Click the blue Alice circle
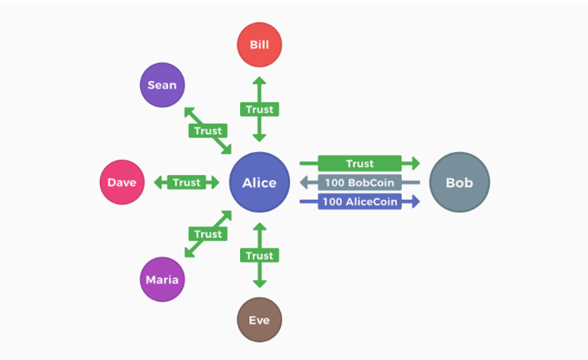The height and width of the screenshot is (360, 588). click(259, 182)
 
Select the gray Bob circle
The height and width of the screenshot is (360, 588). click(459, 182)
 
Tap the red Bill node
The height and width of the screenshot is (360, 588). click(259, 45)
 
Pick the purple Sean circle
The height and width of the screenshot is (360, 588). click(162, 85)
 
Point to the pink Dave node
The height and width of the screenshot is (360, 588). click(122, 182)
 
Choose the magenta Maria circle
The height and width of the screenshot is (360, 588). click(162, 279)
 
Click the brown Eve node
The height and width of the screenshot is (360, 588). click(259, 320)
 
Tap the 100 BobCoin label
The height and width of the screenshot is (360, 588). click(359, 182)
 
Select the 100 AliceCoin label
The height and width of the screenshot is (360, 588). click(359, 201)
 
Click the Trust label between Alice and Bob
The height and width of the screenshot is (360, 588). click(359, 164)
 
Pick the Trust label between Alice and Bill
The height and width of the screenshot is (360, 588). click(259, 109)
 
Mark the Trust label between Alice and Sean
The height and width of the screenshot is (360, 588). click(208, 130)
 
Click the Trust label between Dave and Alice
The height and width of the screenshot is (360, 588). click(186, 182)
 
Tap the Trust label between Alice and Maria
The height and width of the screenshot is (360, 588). click(208, 234)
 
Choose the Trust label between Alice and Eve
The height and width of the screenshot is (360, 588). click(259, 255)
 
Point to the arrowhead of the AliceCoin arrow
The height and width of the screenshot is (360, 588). click(415, 201)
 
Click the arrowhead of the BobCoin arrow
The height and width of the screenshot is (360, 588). click(305, 182)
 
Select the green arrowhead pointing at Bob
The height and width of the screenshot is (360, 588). click(415, 164)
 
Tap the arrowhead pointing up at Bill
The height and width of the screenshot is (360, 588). click(259, 81)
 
